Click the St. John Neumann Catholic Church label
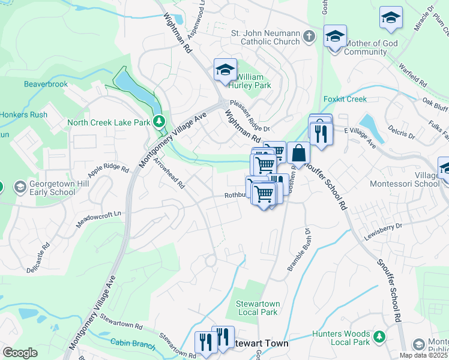[270, 37]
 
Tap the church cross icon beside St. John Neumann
[309, 37]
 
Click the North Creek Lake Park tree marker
[159, 122]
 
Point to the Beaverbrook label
[46, 85]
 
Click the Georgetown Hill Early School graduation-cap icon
[20, 187]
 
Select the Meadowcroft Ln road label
[99, 219]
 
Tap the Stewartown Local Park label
[257, 308]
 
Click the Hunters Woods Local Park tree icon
[379, 337]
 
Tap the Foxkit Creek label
[345, 98]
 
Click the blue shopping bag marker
[298, 154]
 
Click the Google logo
[20, 353]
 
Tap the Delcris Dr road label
[400, 131]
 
